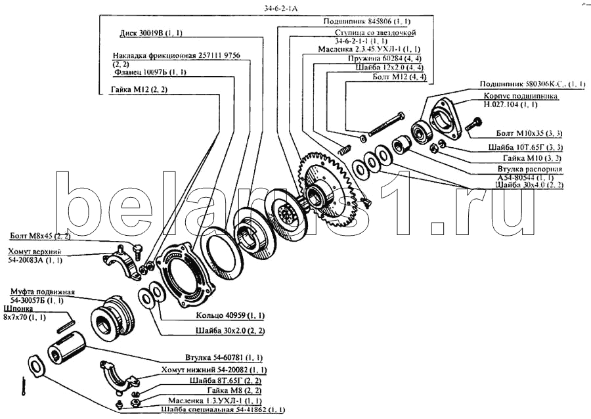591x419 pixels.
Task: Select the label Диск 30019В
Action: pyautogui.click(x=150, y=32)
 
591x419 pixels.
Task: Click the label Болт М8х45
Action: pyautogui.click(x=39, y=234)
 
